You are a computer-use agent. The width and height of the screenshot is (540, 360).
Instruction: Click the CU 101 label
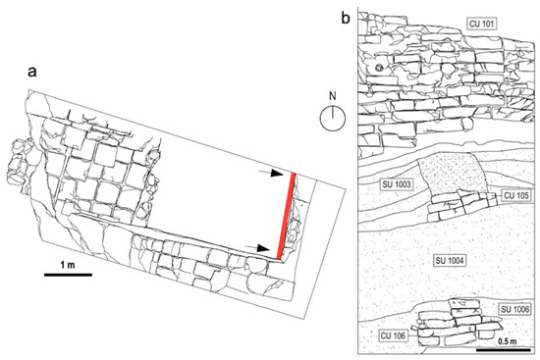pos(482,24)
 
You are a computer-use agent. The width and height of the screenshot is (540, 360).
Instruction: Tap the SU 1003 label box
pos(397,184)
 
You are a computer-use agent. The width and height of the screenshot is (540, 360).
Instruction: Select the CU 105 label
pos(515,195)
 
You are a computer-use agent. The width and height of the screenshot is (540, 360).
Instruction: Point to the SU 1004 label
pos(450,261)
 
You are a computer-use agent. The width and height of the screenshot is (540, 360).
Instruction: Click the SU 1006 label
pos(515,309)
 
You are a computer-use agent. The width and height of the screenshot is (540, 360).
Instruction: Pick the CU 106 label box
pos(394,334)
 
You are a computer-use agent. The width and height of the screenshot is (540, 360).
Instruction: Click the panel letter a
pos(32,73)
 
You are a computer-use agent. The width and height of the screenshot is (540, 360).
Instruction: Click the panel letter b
pos(345,18)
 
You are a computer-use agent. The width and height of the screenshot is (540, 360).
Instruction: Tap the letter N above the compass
pos(332,96)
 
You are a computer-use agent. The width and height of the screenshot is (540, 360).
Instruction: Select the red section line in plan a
pos(286,216)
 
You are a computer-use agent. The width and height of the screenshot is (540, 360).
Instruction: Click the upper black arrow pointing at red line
pos(271,173)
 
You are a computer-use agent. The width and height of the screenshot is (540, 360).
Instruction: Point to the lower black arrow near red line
pos(257,248)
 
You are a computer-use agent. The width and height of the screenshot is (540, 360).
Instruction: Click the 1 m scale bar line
pos(68,275)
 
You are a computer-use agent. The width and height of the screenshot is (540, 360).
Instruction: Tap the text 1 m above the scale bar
pos(68,265)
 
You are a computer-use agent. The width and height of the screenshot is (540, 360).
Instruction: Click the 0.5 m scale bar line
pos(503,350)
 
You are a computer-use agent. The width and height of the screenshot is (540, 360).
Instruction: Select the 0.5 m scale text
pos(508,341)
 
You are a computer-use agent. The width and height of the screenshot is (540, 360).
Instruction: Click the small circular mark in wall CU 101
pos(380,68)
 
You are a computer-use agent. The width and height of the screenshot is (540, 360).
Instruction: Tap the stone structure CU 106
pos(457,323)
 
